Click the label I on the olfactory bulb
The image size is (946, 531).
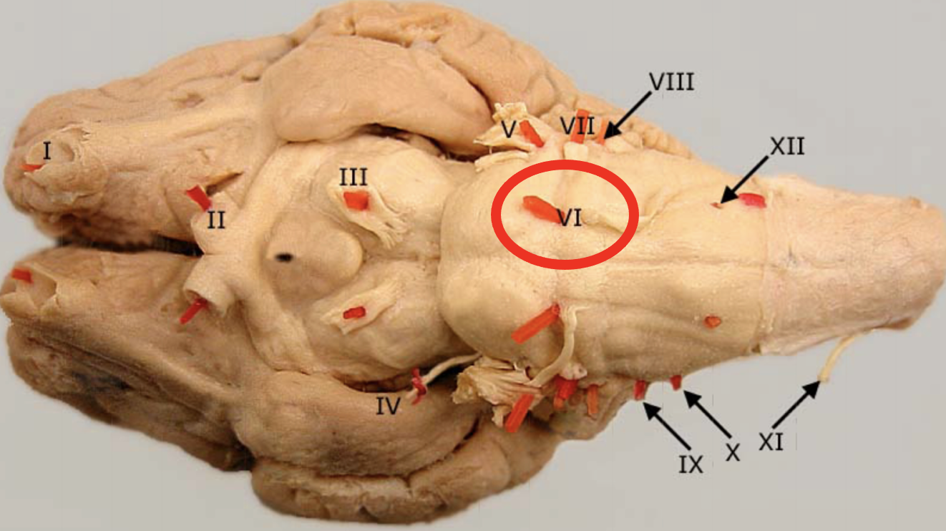click(x=47, y=151)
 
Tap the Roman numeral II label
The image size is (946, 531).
click(x=216, y=220)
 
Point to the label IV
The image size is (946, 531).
click(x=389, y=407)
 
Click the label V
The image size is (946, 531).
click(x=509, y=130)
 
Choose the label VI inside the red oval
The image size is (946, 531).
click(x=570, y=218)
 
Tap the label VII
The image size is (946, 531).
click(x=577, y=127)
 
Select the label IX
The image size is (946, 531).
click(x=691, y=464)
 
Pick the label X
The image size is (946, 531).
click(x=732, y=452)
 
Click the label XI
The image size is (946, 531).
click(x=771, y=443)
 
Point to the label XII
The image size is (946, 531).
click(x=787, y=146)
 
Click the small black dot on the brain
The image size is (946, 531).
click(x=285, y=257)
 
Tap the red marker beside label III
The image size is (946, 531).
click(x=356, y=201)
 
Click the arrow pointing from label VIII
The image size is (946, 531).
click(x=628, y=115)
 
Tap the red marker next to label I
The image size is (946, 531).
click(x=31, y=167)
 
